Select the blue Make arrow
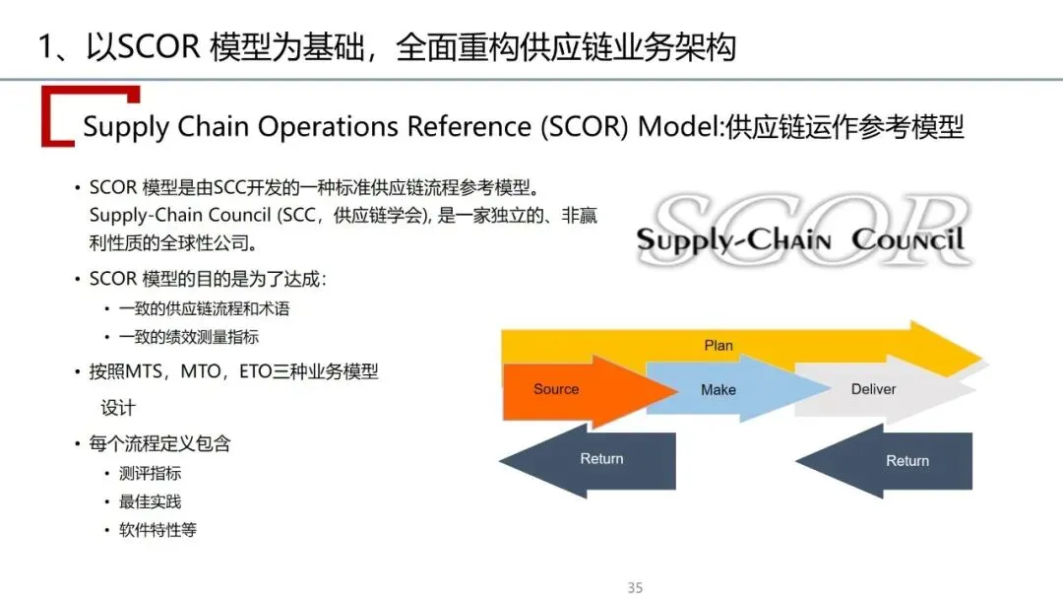coord(719,390)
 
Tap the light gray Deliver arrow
coord(874,389)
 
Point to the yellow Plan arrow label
coord(719,346)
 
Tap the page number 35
coord(635,588)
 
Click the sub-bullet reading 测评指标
coord(150,473)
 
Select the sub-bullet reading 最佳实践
coord(150,501)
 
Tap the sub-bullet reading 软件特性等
coord(157,530)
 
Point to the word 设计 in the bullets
coord(118,408)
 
